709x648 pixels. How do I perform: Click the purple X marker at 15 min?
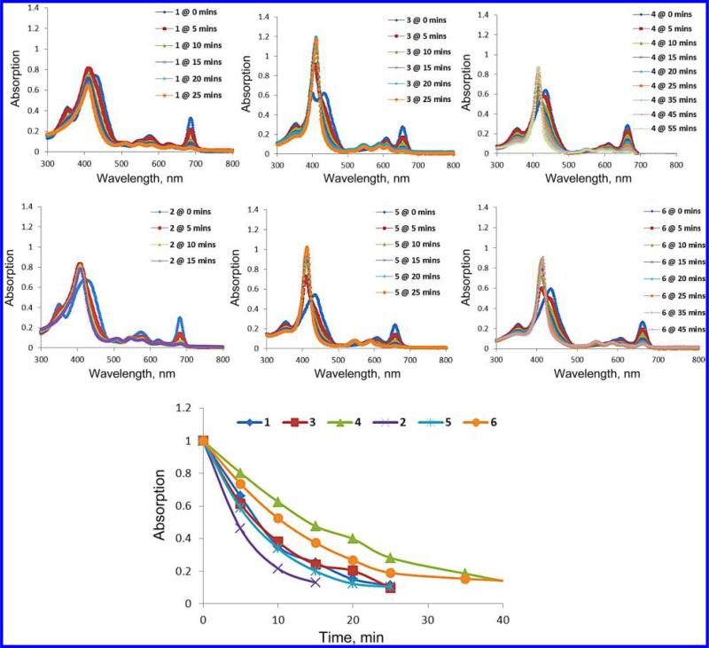[x=316, y=582]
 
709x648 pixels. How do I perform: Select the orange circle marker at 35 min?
[x=465, y=579]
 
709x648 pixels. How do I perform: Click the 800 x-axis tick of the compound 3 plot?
[x=451, y=165]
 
